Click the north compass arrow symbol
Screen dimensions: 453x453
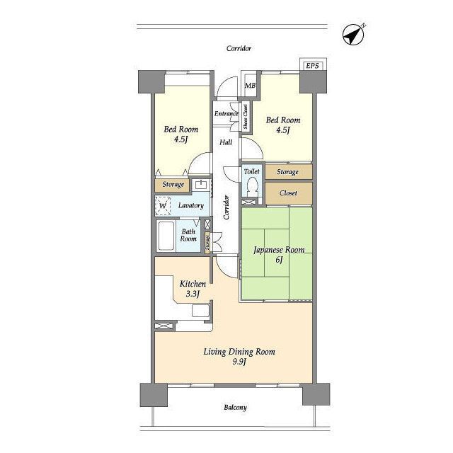pyautogui.click(x=353, y=35)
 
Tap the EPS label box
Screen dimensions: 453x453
pyautogui.click(x=313, y=66)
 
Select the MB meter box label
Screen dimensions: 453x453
pyautogui.click(x=250, y=86)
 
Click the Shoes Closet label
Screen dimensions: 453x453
pyautogui.click(x=246, y=116)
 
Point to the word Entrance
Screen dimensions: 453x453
pyautogui.click(x=226, y=113)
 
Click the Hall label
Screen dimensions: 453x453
pyautogui.click(x=226, y=142)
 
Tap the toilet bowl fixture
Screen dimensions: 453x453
pyautogui.click(x=253, y=187)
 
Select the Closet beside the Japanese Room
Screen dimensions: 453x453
pyautogui.click(x=288, y=193)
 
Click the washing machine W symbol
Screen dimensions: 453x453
pyautogui.click(x=163, y=206)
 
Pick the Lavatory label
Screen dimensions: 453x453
pyautogui.click(x=191, y=205)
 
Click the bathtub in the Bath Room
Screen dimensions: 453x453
pyautogui.click(x=166, y=236)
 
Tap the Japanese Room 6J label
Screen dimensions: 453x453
pyautogui.click(x=279, y=255)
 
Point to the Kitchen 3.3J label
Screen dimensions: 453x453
pyautogui.click(x=193, y=289)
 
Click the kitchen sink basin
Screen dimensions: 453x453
pyautogui.click(x=201, y=311)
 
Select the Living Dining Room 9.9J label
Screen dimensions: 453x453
pyautogui.click(x=239, y=356)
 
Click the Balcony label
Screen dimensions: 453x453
pyautogui.click(x=235, y=408)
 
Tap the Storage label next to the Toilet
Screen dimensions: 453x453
pyautogui.click(x=287, y=172)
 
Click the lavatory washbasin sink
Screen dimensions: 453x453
pyautogui.click(x=200, y=184)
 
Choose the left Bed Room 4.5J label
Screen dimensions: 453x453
pyautogui.click(x=181, y=134)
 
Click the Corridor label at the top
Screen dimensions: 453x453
pyautogui.click(x=239, y=48)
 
